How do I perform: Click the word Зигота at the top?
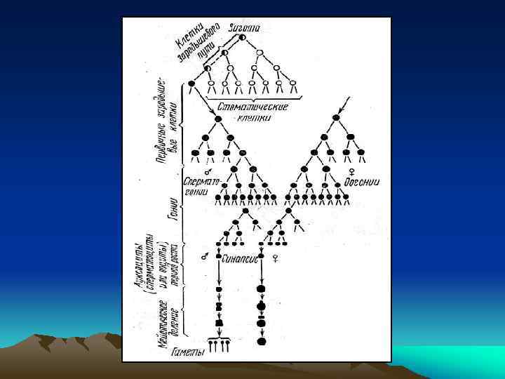(244, 28)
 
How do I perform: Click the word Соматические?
(245, 106)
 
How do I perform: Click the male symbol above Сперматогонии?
(208, 171)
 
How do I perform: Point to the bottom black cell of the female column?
(262, 341)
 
